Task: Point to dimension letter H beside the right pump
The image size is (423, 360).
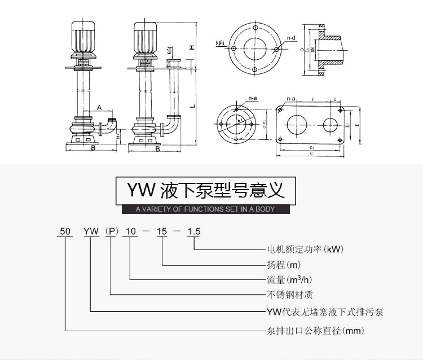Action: (x=192, y=47)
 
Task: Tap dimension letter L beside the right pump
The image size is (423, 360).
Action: (x=192, y=106)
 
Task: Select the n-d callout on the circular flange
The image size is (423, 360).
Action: (x=291, y=38)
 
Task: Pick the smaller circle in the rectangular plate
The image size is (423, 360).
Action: (x=331, y=124)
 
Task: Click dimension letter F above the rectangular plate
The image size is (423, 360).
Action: (x=312, y=99)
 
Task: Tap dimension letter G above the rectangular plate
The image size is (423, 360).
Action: (x=335, y=99)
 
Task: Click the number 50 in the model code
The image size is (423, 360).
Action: (x=65, y=231)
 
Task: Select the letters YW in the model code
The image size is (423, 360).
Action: (x=91, y=231)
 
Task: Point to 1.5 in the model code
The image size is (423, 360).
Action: (x=194, y=231)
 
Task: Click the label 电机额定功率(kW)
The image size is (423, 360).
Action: (x=305, y=248)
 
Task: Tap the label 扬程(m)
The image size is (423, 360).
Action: (x=284, y=264)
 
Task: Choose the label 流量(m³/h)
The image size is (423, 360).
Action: (x=291, y=279)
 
